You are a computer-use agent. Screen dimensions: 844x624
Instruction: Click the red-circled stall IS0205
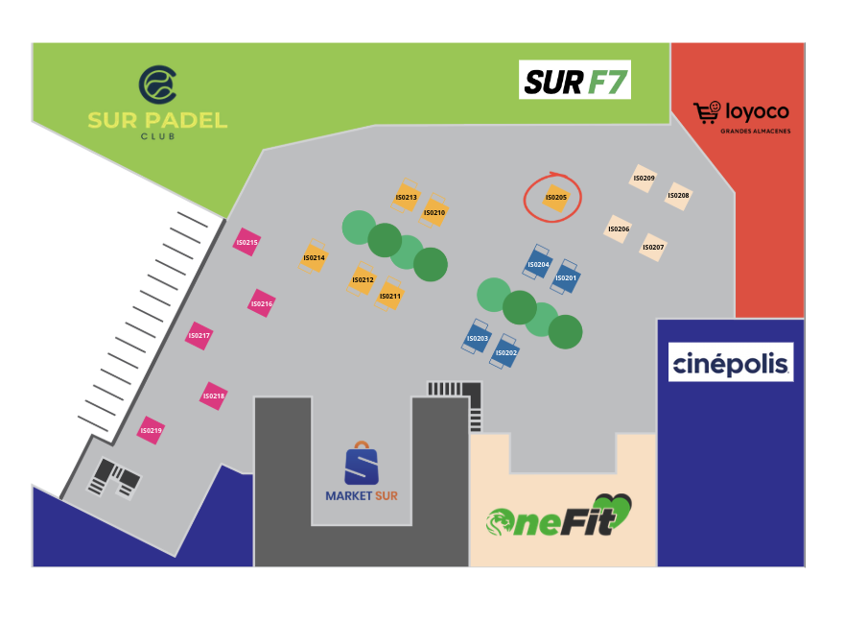tap(556, 198)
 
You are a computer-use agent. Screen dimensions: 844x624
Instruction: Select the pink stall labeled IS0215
tap(247, 242)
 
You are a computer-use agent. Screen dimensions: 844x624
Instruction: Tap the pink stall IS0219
tap(151, 430)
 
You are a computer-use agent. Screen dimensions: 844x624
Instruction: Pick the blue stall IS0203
tap(477, 337)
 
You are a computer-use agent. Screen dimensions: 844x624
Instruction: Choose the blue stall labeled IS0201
tap(565, 277)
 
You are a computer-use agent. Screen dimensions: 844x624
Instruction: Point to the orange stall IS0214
tap(314, 257)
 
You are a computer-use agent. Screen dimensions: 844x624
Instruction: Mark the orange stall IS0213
tap(406, 196)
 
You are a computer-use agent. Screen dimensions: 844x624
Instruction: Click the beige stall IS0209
tap(644, 178)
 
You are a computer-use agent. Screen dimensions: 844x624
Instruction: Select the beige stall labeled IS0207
tap(653, 247)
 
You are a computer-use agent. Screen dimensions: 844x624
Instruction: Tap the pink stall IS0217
tap(199, 335)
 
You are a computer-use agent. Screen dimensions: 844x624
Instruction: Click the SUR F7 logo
tap(574, 80)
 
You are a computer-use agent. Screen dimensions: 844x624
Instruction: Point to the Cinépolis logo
tap(731, 362)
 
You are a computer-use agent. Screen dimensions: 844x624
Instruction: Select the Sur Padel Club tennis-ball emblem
tap(157, 84)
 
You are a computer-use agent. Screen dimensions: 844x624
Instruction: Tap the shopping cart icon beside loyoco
tap(707, 112)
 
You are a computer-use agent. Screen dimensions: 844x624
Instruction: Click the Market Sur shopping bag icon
tap(362, 463)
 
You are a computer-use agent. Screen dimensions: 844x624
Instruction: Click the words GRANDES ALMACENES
tap(756, 131)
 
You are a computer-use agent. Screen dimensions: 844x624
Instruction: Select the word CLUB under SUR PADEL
tap(157, 136)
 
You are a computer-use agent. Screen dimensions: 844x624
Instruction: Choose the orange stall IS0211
tap(389, 295)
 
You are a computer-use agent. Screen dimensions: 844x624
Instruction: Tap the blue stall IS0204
tap(538, 263)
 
